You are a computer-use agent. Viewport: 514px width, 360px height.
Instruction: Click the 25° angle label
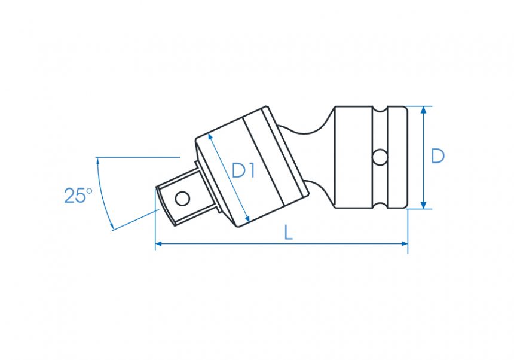[x=78, y=196]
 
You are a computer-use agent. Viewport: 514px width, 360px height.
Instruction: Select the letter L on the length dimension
[x=288, y=233]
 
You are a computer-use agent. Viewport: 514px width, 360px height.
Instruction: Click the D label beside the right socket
[x=438, y=156]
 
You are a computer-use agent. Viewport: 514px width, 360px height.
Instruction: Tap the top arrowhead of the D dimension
[x=423, y=110]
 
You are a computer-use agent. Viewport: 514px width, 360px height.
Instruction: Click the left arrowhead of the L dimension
[x=159, y=244]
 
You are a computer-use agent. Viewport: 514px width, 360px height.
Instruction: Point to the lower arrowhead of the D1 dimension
[x=246, y=219]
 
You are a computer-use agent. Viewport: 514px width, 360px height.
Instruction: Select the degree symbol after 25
[x=89, y=191]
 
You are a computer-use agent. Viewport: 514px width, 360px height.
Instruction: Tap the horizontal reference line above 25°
[x=137, y=157]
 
